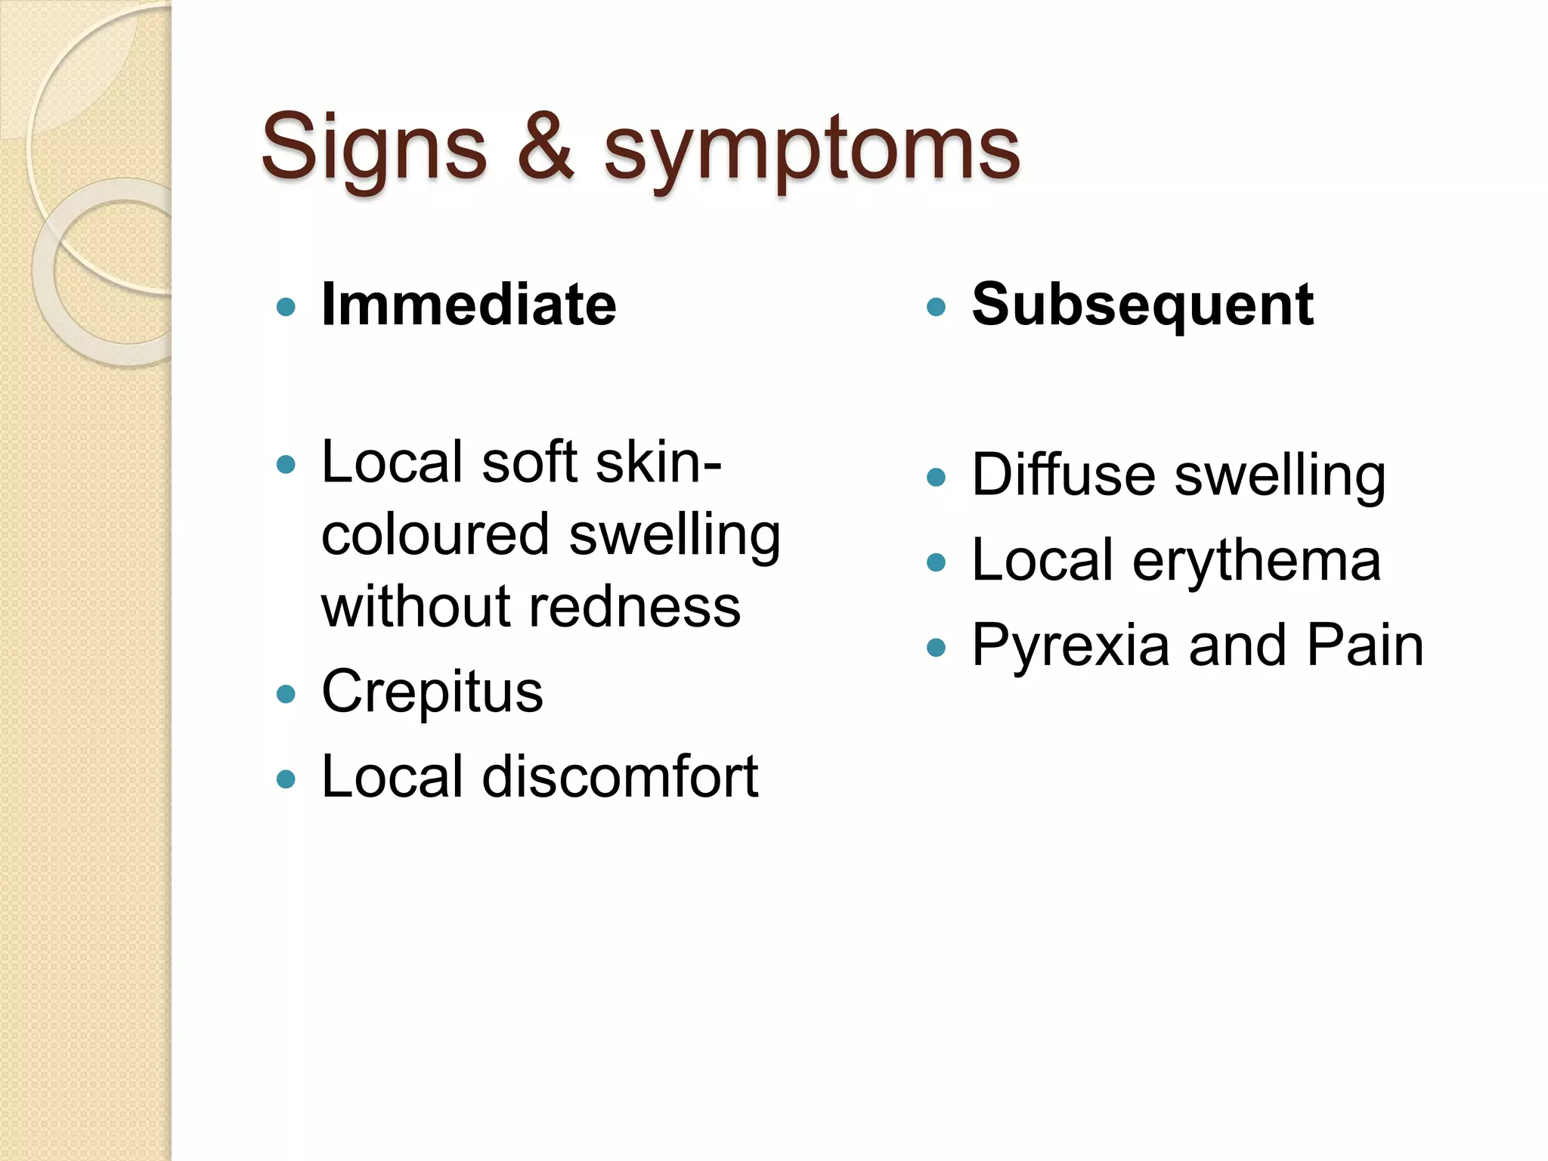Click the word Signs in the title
(x=373, y=148)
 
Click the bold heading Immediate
(x=469, y=305)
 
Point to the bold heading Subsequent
(x=1142, y=305)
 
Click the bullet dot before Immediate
(x=286, y=307)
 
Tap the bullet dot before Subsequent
(x=936, y=307)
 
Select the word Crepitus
(x=432, y=692)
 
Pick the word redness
(x=634, y=607)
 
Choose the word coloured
(x=435, y=534)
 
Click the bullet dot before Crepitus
(x=286, y=694)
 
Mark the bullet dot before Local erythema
(x=936, y=562)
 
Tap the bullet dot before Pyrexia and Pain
(x=936, y=648)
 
